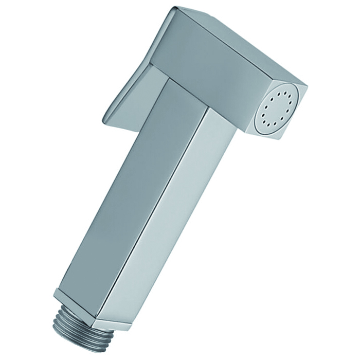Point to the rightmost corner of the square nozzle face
[x=307, y=86]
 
